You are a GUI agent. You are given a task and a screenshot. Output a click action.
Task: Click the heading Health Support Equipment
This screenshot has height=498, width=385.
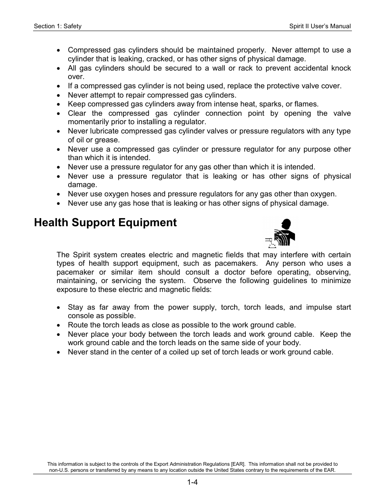point(105,223)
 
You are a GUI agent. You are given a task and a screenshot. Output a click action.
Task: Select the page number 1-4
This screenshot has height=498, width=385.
point(192,482)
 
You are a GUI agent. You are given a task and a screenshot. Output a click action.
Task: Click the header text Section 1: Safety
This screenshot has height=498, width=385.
point(58,26)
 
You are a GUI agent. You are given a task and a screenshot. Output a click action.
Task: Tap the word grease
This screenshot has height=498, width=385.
point(108,140)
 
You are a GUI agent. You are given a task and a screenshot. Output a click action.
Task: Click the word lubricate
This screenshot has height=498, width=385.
point(104,131)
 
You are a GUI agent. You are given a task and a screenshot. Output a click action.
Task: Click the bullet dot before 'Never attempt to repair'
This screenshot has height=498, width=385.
point(59,96)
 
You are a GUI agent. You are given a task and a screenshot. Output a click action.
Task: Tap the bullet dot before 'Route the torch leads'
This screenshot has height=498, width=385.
point(59,325)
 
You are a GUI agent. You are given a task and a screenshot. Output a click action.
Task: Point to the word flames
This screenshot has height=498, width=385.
point(306,104)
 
